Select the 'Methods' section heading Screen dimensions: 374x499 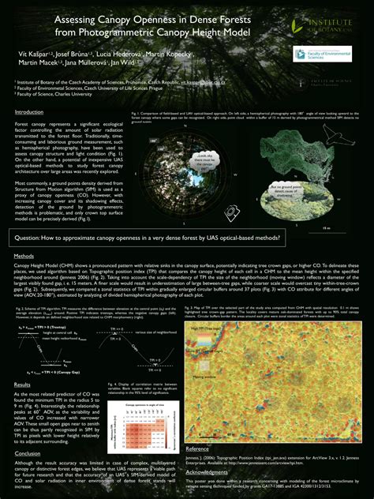(23, 257)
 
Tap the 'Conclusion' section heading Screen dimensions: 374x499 (28, 453)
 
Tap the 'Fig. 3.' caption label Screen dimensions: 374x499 (188, 306)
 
